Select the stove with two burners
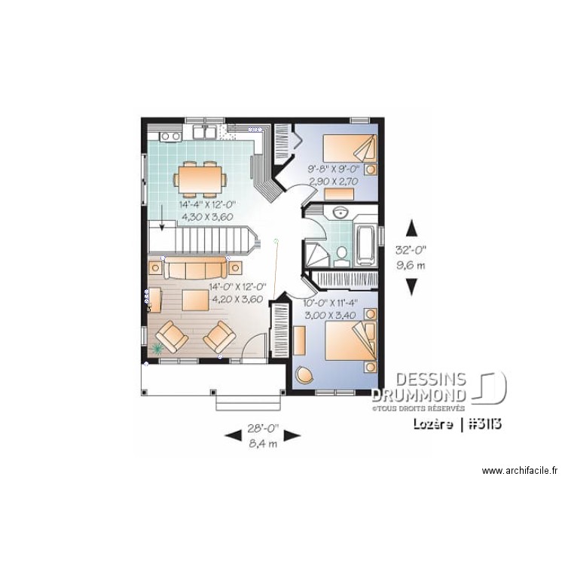click(x=169, y=136)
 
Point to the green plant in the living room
click(x=158, y=348)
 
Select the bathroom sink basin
click(x=340, y=212)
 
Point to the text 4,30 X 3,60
click(x=207, y=216)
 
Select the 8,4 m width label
click(x=263, y=444)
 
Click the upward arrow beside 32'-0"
click(x=411, y=228)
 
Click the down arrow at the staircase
click(x=161, y=225)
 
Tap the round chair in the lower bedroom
click(x=305, y=374)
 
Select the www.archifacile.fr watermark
click(x=519, y=471)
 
